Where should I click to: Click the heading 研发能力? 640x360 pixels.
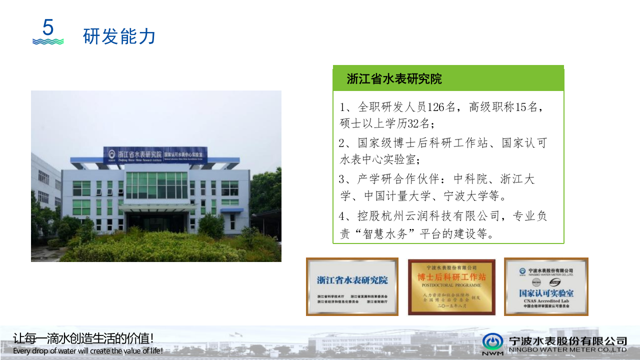coord(119,36)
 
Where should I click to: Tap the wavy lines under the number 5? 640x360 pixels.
coord(48,41)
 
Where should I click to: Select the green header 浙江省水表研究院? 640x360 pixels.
coord(394,79)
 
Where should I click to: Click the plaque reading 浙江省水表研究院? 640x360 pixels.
coord(352,286)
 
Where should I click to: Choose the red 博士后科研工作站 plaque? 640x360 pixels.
coord(451,286)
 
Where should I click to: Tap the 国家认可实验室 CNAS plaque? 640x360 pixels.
coord(546,286)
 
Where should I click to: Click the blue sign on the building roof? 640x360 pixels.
coord(155,154)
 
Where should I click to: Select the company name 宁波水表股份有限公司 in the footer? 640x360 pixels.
coord(567,340)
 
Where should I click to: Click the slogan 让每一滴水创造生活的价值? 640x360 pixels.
coord(83,338)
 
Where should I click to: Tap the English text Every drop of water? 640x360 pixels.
coord(45,351)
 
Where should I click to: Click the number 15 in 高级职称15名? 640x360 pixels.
coord(515,107)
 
